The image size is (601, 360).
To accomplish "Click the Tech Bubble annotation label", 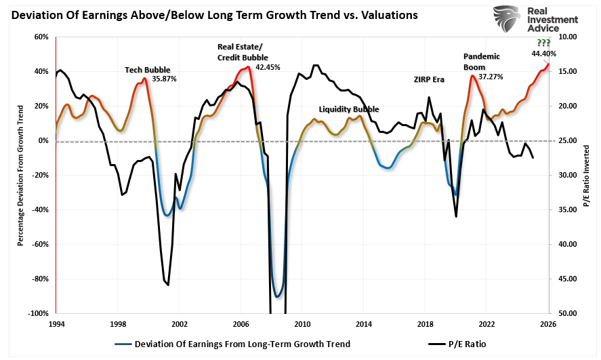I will [x=148, y=69].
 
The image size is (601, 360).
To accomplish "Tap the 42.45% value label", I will [x=268, y=67].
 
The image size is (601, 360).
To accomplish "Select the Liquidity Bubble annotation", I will [x=349, y=109].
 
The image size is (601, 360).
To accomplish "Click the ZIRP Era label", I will [x=429, y=79].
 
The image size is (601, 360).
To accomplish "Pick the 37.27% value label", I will [x=491, y=77].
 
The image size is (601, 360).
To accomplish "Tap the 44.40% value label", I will [x=544, y=54].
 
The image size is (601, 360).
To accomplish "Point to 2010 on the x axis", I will [x=302, y=324].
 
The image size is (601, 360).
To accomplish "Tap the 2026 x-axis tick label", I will [x=548, y=324].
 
